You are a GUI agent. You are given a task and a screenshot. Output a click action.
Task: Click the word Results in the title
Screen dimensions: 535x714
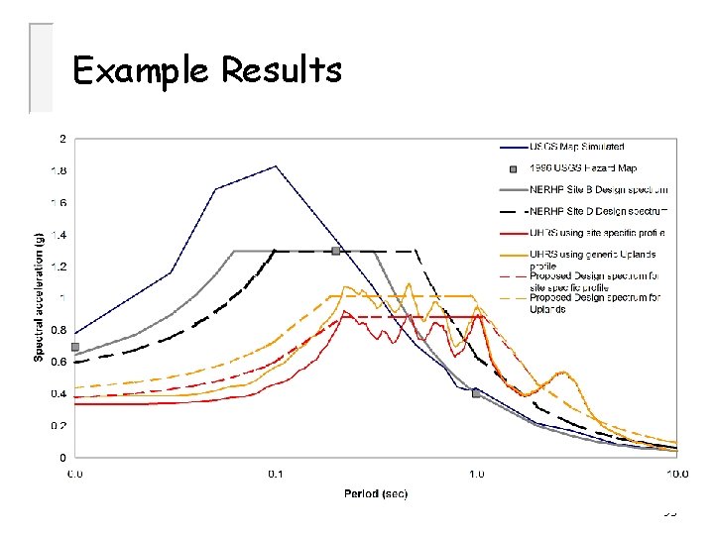(282, 70)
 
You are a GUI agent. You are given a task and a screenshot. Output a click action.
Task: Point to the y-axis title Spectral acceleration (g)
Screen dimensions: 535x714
(41, 297)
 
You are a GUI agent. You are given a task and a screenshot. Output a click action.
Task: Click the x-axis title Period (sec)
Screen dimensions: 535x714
(376, 493)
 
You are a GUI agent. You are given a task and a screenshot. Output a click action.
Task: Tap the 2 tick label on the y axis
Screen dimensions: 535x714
(63, 138)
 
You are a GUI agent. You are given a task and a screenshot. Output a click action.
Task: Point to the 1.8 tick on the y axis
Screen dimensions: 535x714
(60, 170)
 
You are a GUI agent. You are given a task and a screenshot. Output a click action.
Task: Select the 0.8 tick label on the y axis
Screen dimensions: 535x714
(60, 330)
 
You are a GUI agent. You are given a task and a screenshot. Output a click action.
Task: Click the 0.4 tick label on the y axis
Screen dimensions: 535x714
(60, 394)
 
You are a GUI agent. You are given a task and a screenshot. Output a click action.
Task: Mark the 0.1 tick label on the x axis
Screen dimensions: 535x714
(276, 474)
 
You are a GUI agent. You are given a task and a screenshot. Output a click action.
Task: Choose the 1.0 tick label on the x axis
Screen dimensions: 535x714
(477, 474)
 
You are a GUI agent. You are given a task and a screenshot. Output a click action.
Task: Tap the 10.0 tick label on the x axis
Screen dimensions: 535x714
(676, 474)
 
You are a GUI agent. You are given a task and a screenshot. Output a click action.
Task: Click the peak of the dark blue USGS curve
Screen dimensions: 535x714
(276, 166)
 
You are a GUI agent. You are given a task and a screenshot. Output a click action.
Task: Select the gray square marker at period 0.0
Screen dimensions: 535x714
(75, 347)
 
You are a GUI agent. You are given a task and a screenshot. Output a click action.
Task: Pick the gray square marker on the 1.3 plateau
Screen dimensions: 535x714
(336, 251)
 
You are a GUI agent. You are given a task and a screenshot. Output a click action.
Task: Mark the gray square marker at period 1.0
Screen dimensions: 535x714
(476, 393)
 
